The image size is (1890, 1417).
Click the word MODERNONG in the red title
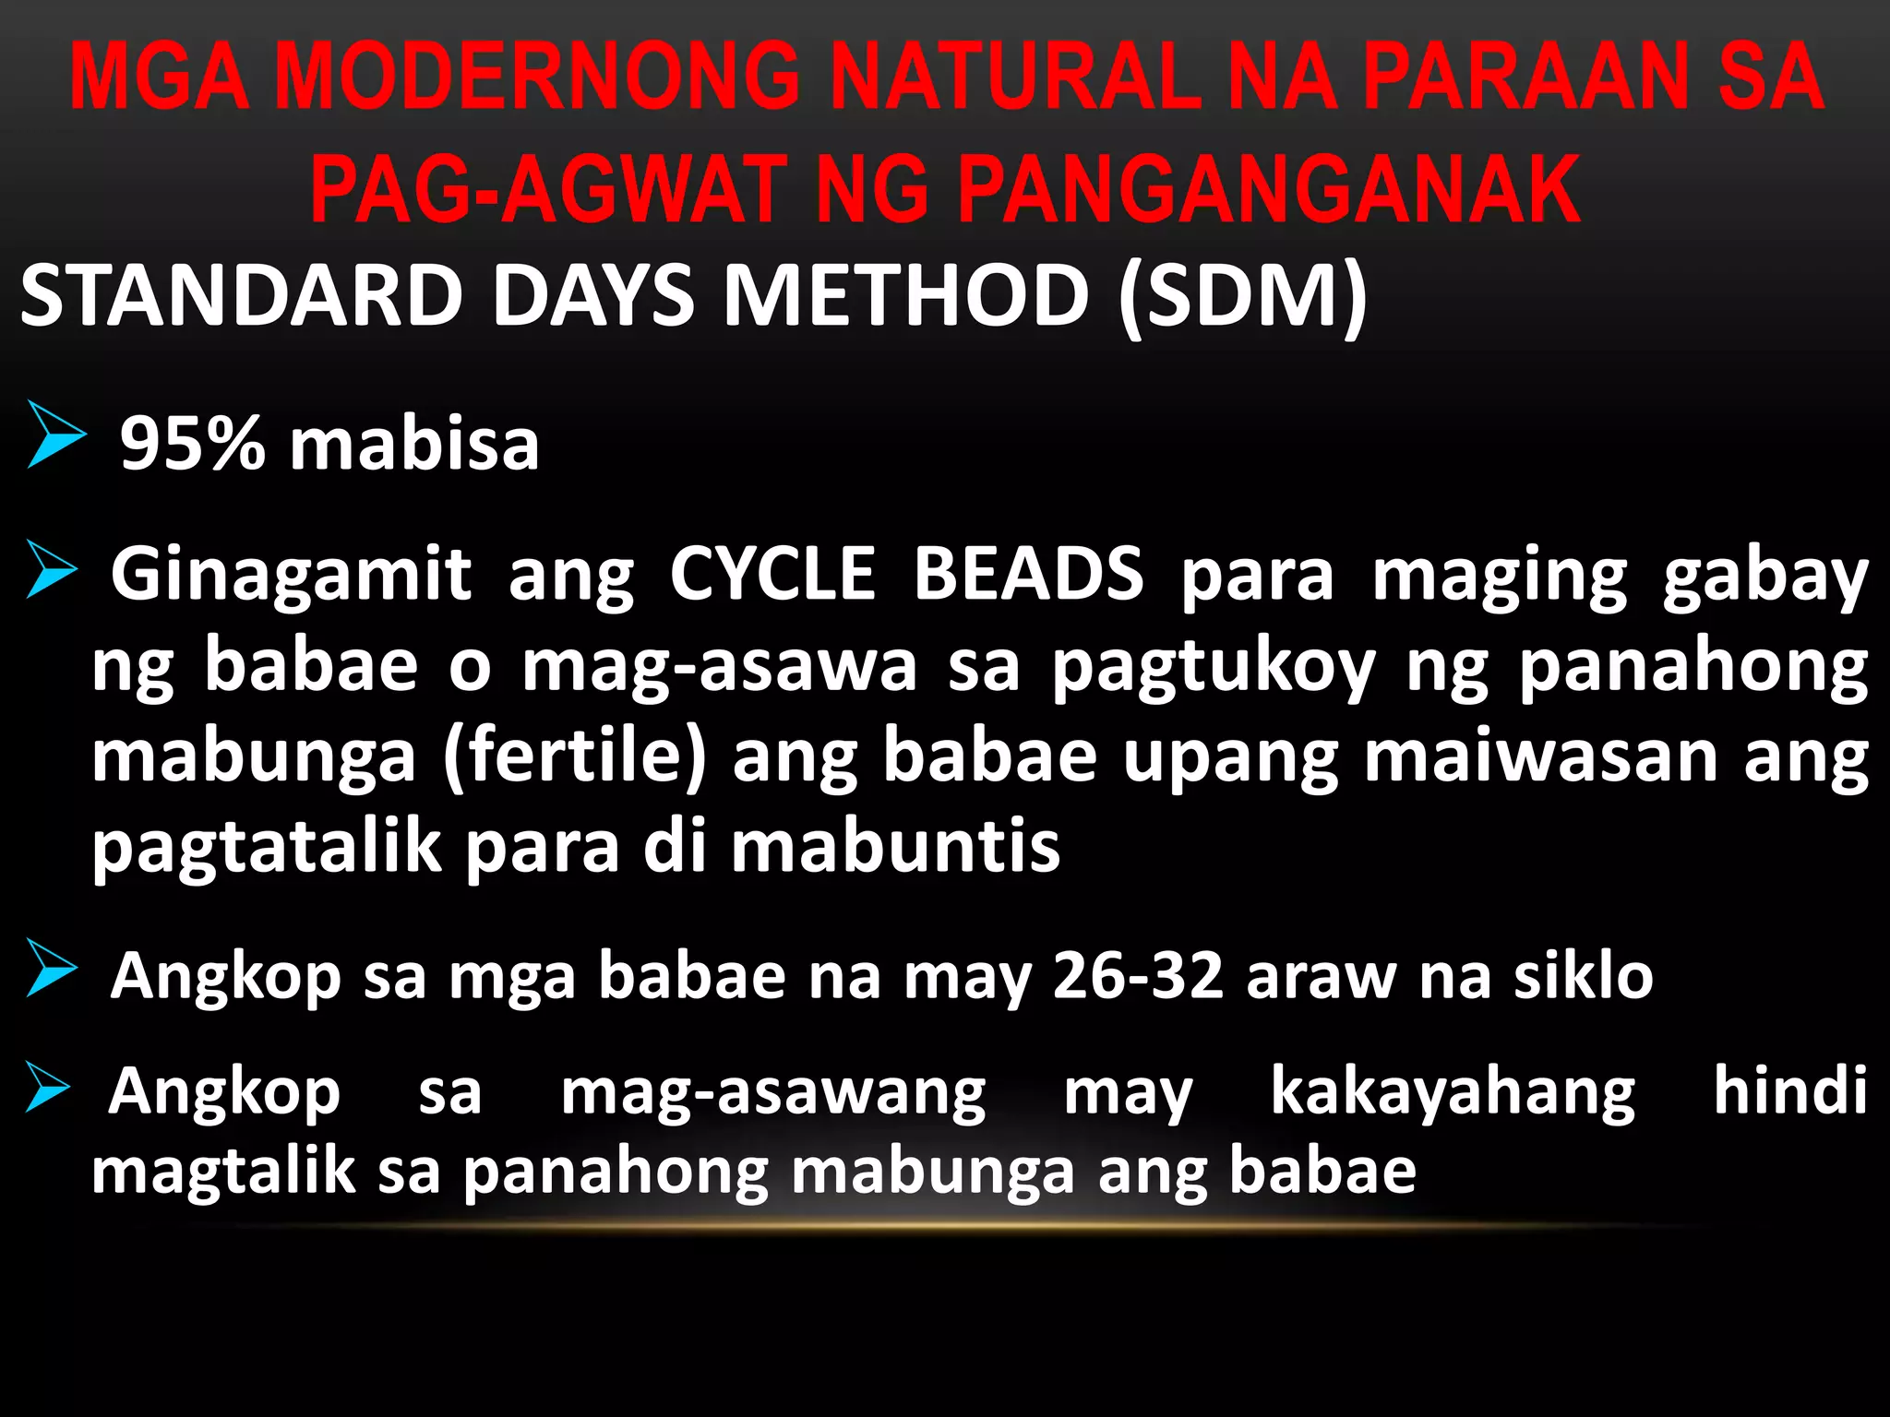click(x=537, y=77)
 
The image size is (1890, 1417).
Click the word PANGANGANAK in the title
click(x=1270, y=190)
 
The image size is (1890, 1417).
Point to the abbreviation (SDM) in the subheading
click(x=1242, y=295)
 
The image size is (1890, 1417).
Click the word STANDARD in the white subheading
click(x=242, y=295)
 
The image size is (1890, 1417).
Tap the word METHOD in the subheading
click(x=905, y=295)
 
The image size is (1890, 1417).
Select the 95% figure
click(x=193, y=444)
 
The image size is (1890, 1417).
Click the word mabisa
click(x=414, y=444)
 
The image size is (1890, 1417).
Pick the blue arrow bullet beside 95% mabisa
click(x=56, y=434)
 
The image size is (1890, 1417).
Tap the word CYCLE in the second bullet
click(x=772, y=574)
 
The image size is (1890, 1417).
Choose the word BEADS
click(x=1028, y=574)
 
